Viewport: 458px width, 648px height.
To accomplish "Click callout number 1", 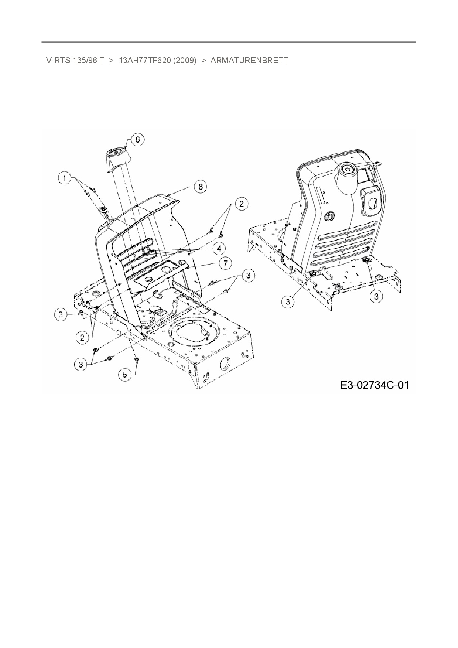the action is coord(65,178).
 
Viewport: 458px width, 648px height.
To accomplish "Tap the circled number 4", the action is coord(219,248).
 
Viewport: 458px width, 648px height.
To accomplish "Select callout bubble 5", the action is coord(124,375).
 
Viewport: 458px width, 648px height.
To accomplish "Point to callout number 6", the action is coord(138,140).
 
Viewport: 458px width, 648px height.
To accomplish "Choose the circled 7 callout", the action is coord(225,263).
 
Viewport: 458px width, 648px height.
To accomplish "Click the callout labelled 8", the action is coord(201,187).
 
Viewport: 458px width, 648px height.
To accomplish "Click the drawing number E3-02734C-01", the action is coord(374,385).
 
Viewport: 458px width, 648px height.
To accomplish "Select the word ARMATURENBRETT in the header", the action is coord(249,60).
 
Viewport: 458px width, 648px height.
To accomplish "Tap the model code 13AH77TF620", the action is coord(144,60).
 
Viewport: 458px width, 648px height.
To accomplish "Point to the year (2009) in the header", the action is coord(184,60).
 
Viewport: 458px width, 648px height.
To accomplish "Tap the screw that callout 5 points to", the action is coord(137,359).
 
